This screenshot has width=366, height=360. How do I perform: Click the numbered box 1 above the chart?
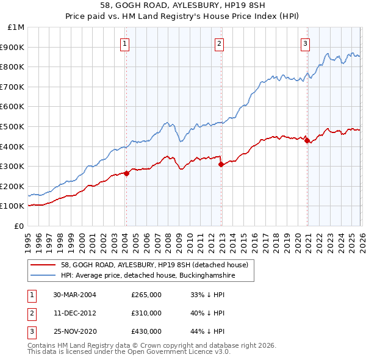(125, 43)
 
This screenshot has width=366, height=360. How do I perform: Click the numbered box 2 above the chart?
(219, 43)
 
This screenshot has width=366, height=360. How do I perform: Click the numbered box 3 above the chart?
(305, 43)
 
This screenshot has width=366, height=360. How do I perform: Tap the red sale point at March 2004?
(126, 173)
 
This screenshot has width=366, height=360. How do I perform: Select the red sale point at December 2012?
(220, 164)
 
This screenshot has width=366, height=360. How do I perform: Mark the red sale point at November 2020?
(307, 140)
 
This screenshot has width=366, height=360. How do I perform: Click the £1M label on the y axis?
(16, 27)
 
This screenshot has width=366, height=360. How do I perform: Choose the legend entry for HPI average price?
(148, 276)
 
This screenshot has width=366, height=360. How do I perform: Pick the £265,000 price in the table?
(146, 295)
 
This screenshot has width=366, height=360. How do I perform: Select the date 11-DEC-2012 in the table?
(75, 313)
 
